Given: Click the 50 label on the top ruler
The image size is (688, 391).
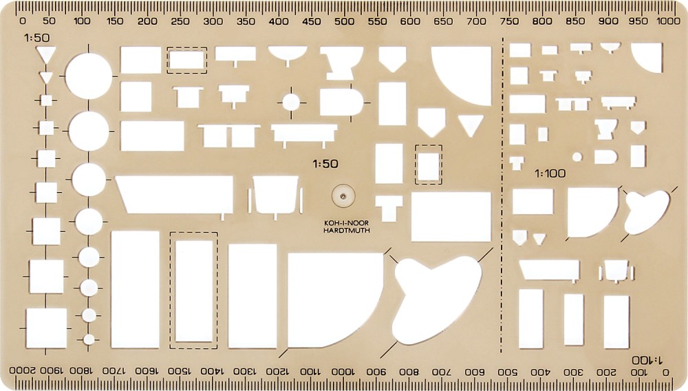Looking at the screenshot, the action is (x=50, y=21).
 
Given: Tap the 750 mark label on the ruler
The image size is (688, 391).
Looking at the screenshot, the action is (x=509, y=21).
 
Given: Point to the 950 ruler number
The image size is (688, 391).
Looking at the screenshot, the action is (x=638, y=21).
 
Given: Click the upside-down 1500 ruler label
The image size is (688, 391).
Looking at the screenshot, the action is (x=179, y=371).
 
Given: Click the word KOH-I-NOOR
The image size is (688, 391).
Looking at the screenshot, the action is (x=346, y=223).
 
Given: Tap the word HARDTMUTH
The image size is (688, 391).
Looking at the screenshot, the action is (x=347, y=231).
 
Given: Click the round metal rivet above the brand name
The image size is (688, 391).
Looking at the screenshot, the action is (x=343, y=195).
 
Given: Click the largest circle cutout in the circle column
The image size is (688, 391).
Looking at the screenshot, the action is (x=89, y=76).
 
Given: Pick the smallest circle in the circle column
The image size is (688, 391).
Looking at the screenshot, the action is (x=89, y=339).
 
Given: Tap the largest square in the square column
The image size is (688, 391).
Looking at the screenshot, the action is (x=46, y=328).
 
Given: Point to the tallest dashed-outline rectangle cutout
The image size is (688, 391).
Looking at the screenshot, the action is (x=193, y=290).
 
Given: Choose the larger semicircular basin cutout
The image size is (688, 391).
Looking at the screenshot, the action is (x=288, y=54).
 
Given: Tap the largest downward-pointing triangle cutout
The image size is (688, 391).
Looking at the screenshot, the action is (x=45, y=54).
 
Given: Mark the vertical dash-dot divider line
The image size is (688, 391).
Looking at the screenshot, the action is (x=502, y=195).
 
